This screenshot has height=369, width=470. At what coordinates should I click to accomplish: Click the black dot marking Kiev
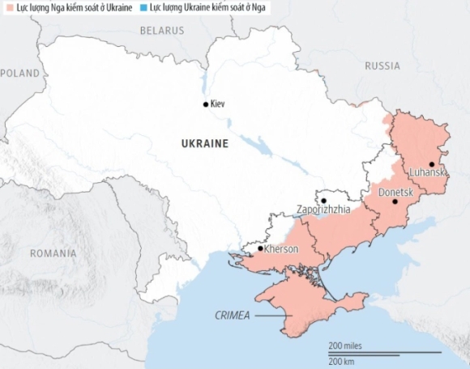pyautogui.click(x=205, y=104)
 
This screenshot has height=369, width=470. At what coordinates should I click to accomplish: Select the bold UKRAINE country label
pyautogui.click(x=203, y=143)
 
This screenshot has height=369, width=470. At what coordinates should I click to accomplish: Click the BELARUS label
pyautogui.click(x=162, y=30)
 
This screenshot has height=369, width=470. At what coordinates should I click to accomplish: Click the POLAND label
pyautogui.click(x=20, y=73)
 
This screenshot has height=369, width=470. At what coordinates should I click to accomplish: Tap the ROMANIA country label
pyautogui.click(x=53, y=253)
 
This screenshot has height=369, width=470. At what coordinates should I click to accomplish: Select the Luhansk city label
pyautogui.click(x=429, y=173)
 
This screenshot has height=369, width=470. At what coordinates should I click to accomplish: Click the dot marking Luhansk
pyautogui.click(x=432, y=163)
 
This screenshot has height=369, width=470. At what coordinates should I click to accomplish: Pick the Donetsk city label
pyautogui.click(x=396, y=192)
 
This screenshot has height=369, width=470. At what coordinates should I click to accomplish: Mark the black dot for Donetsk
pyautogui.click(x=395, y=201)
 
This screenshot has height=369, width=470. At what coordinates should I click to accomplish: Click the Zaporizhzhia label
pyautogui.click(x=324, y=209)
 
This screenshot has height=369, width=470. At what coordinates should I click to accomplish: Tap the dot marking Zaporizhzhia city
pyautogui.click(x=323, y=200)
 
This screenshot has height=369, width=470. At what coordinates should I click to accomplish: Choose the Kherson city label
pyautogui.click(x=280, y=249)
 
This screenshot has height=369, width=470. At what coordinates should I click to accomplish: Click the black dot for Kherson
pyautogui.click(x=260, y=249)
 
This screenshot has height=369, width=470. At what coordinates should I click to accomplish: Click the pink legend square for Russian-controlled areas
pyautogui.click(x=7, y=6)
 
